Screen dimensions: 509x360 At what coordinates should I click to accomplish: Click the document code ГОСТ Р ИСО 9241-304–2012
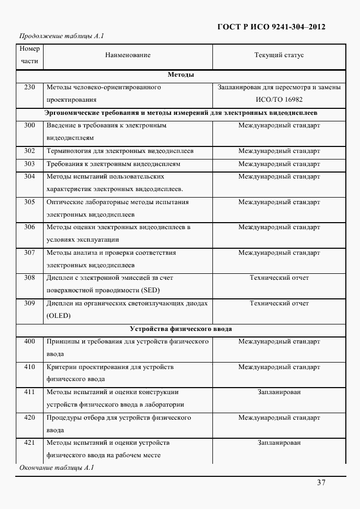click(x=271, y=27)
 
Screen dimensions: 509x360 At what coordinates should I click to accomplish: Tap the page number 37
click(x=321, y=482)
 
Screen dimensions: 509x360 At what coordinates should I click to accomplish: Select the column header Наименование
click(x=128, y=55)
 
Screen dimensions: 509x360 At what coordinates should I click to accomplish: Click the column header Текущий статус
click(x=279, y=55)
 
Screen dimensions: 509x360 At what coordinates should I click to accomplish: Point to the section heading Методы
click(x=181, y=75)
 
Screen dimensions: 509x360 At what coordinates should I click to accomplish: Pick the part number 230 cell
click(x=29, y=87)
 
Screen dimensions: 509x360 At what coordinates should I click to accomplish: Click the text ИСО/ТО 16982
click(x=279, y=100)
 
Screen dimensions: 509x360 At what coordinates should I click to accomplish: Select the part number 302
click(x=29, y=151)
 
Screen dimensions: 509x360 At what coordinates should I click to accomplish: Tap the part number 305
click(x=29, y=202)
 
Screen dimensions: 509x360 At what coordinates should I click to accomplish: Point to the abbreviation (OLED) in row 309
click(x=59, y=316)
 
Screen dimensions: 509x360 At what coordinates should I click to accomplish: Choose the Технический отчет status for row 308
click(x=279, y=278)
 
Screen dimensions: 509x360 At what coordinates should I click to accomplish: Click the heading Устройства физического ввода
click(x=181, y=329)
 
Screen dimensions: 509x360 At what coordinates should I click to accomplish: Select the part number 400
click(x=29, y=341)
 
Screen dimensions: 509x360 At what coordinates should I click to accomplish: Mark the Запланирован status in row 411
click(x=279, y=392)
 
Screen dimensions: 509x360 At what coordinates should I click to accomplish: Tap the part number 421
click(x=29, y=443)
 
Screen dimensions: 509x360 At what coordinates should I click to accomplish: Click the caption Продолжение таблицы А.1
click(x=62, y=36)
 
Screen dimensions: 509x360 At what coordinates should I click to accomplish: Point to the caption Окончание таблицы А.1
click(x=57, y=468)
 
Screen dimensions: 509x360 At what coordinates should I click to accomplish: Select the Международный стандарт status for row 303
click(x=279, y=164)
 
